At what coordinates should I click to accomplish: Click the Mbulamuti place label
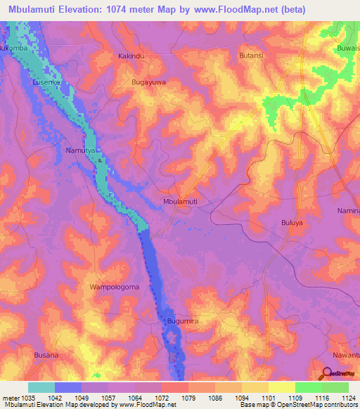[x=180, y=202]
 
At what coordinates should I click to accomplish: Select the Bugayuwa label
[x=149, y=82]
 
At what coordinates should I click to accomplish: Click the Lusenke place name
[x=47, y=82]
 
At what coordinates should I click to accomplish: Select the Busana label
[x=47, y=356]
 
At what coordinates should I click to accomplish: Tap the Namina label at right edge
[x=348, y=211]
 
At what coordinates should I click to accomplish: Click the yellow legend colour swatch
[x=281, y=387]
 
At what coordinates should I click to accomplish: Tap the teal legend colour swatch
[x=41, y=387]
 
